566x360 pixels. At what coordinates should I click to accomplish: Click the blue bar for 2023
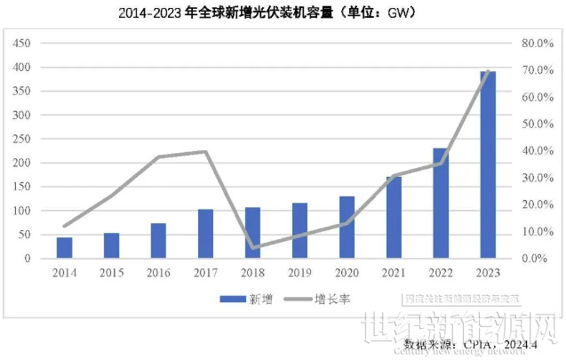488,164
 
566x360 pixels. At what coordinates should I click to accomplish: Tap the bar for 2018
252,233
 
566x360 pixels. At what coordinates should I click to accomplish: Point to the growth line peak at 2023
488,71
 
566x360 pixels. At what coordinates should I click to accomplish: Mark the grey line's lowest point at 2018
252,248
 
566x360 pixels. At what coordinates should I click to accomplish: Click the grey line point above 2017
205,152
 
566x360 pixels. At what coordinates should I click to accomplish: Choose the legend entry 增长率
330,299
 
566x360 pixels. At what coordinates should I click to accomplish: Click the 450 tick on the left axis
21,44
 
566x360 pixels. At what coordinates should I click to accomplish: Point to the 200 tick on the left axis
21,163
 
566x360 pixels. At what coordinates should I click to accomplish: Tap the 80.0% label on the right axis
538,44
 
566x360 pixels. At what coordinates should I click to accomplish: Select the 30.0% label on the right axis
538,178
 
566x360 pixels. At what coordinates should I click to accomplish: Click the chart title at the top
267,13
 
